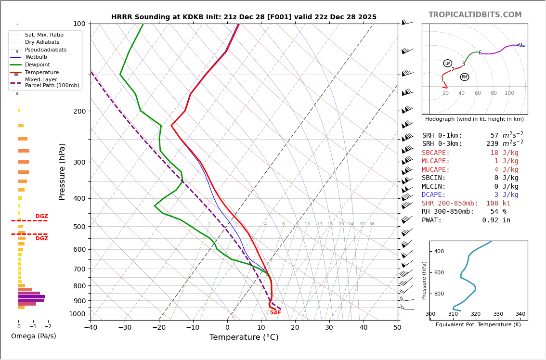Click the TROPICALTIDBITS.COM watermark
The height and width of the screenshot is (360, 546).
tap(475, 15)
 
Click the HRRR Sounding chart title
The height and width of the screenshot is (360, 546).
tap(244, 17)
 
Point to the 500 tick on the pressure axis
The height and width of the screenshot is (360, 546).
tap(79, 227)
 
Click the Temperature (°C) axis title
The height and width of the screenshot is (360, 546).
tap(244, 337)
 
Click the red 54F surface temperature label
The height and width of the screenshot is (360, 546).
tap(275, 313)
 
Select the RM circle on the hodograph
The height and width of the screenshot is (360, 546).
tap(464, 77)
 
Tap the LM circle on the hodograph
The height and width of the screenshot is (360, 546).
tap(447, 64)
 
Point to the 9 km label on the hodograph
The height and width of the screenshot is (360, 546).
tap(520, 45)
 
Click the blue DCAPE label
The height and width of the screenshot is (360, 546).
tap(436, 195)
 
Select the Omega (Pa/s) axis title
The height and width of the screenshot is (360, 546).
tap(34, 336)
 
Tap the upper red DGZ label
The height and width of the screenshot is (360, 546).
tap(41, 217)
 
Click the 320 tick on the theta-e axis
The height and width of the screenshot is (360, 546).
tap(476, 314)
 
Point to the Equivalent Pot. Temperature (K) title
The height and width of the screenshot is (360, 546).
tap(478, 325)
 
